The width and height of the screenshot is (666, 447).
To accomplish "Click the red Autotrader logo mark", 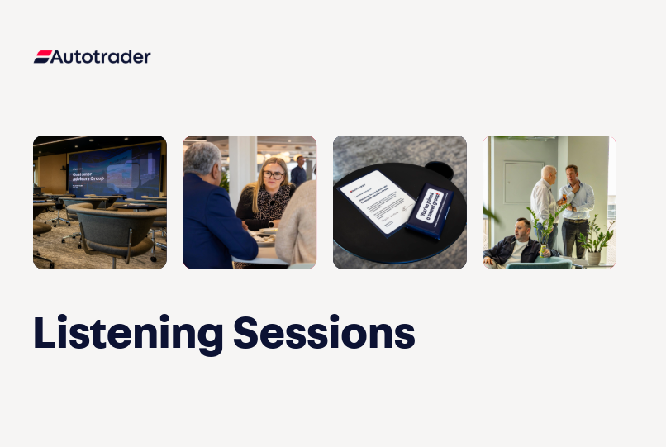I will (x=42, y=57).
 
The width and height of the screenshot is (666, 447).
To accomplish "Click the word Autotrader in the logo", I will (x=101, y=57).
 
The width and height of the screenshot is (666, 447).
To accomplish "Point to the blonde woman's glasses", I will (x=274, y=175).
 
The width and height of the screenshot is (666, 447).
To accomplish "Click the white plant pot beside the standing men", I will (x=593, y=257).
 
